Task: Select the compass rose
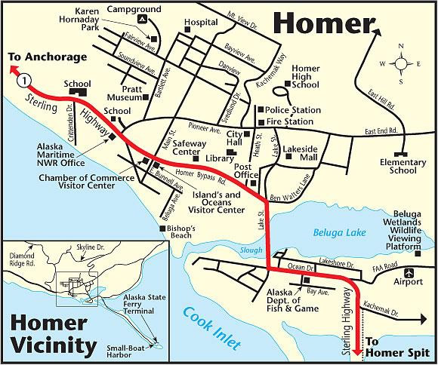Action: [x=400, y=63]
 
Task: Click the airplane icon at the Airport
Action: [x=409, y=271]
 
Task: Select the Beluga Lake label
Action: [x=338, y=234]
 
